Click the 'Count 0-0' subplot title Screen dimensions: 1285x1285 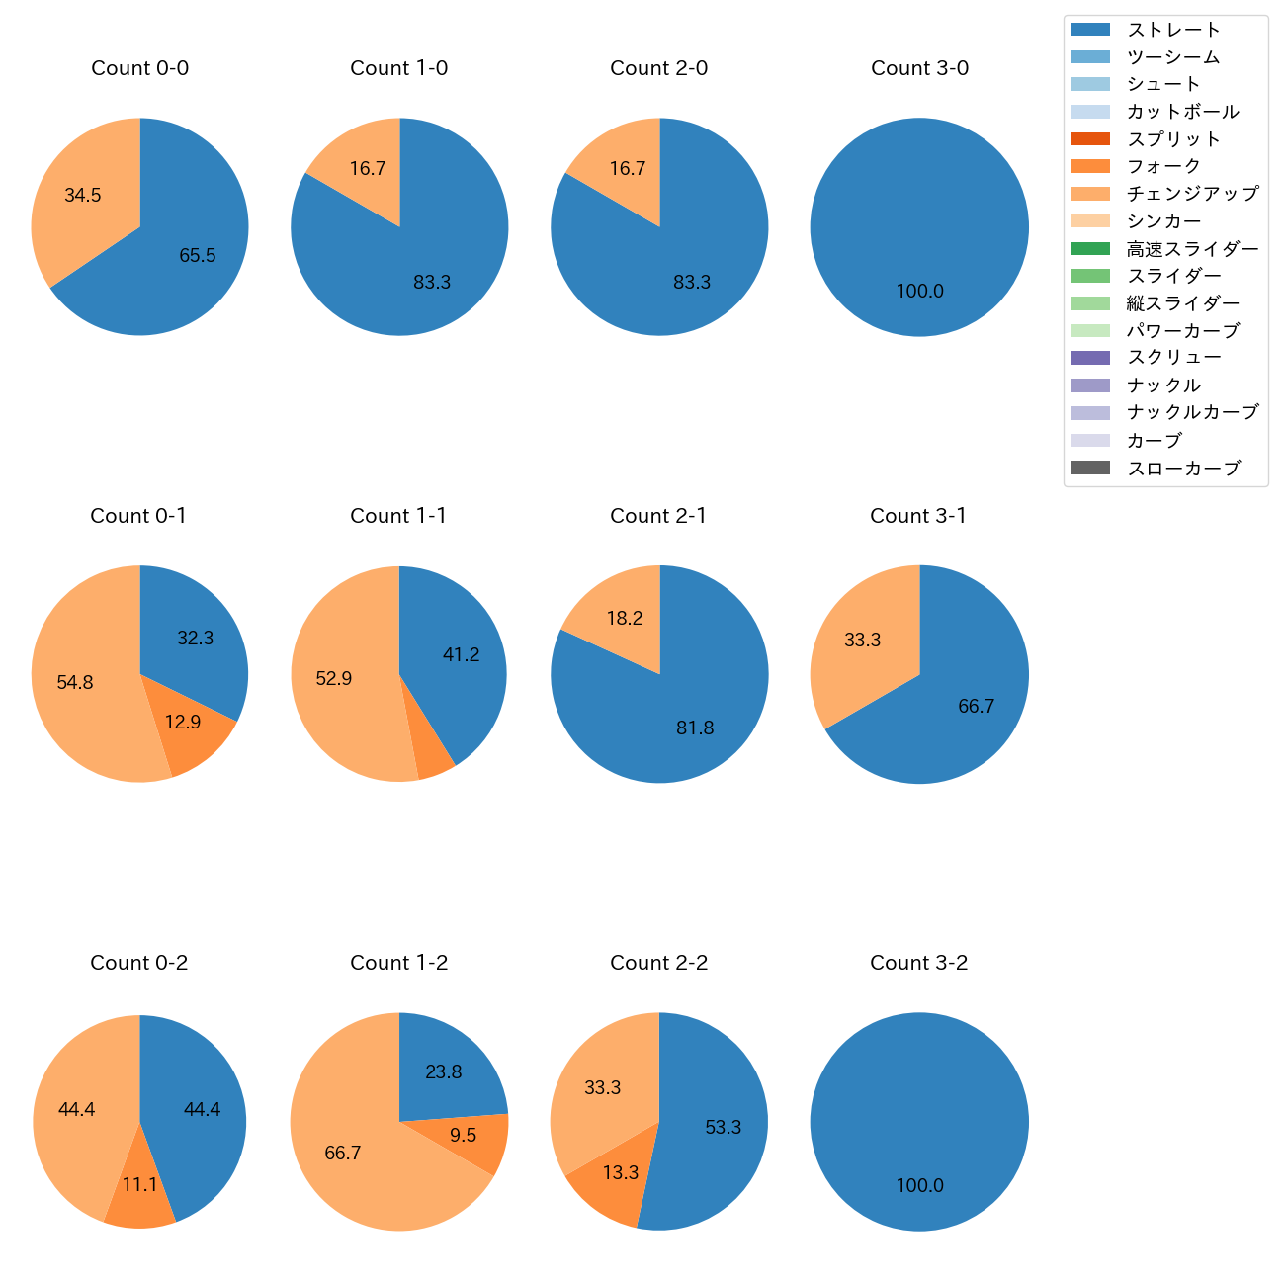tap(139, 68)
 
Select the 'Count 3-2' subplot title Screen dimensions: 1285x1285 tap(918, 963)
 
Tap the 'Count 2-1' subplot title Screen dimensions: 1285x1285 tap(658, 516)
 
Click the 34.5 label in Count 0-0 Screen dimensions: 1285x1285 tap(83, 196)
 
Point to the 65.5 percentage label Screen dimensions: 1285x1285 tap(198, 256)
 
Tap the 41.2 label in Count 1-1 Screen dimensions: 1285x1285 tap(462, 655)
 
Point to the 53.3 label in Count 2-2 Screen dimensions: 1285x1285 tap(723, 1128)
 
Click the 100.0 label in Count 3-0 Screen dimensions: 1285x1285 tap(919, 292)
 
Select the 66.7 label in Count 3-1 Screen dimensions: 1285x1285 tap(976, 707)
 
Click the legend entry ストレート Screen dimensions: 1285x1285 tap(1173, 30)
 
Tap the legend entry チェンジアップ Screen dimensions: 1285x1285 tap(1192, 194)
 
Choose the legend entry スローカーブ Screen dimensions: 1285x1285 tap(1183, 469)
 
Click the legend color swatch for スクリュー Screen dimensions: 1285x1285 tap(1090, 358)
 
